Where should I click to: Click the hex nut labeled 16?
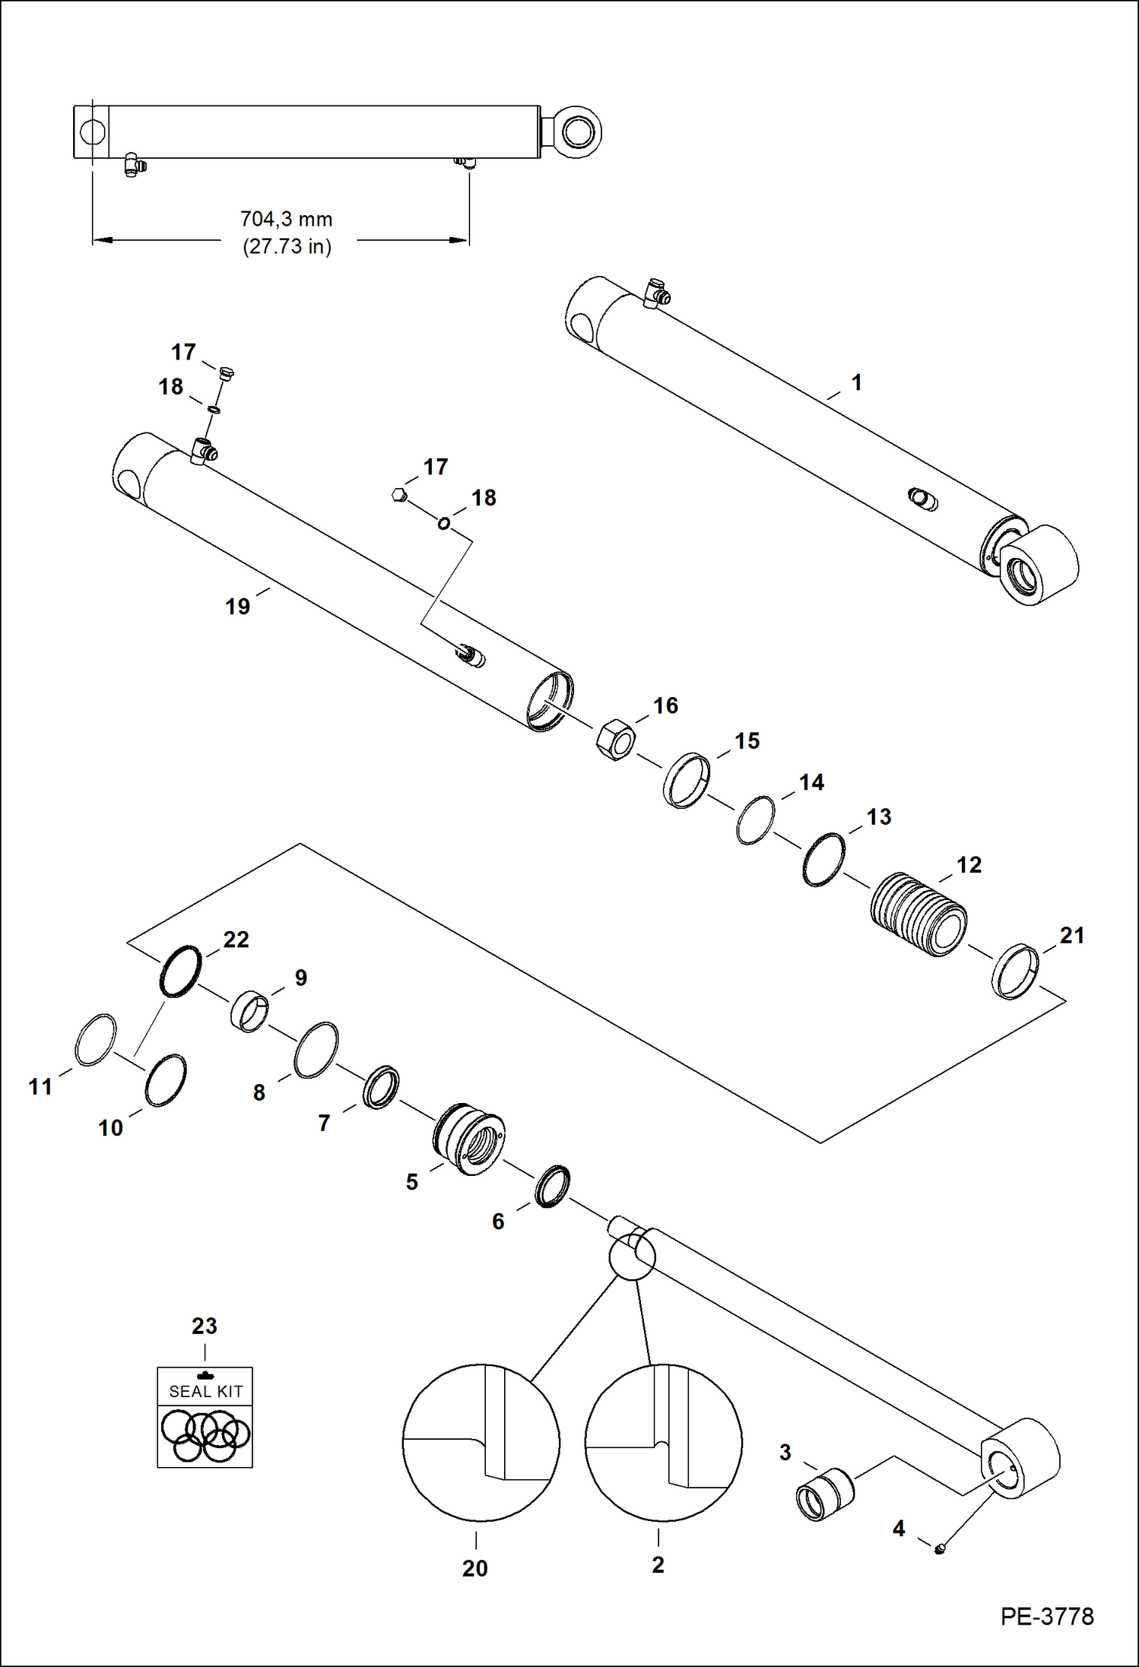point(615,740)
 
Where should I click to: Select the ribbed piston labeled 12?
point(918,915)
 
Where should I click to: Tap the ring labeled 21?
point(1015,971)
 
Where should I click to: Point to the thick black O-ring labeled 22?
point(181,971)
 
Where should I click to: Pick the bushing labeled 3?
point(824,1494)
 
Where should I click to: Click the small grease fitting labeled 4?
point(939,1548)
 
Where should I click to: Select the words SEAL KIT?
point(205,1391)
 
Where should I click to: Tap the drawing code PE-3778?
point(1047,1616)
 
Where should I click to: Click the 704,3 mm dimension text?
point(287,220)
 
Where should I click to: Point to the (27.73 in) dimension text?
point(287,247)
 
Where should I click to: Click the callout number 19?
point(237,607)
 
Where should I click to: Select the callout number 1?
point(857,382)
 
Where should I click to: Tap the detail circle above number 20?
point(481,1442)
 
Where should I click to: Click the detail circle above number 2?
point(663,1442)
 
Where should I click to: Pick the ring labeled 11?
point(96,1039)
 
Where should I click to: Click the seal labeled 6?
point(552,1186)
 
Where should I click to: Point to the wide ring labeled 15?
point(687,781)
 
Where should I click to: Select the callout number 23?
point(205,1326)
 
